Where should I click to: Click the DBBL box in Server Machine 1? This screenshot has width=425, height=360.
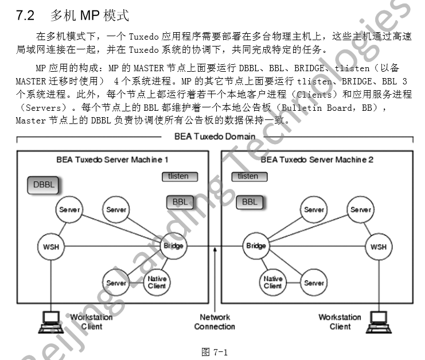coord(44,185)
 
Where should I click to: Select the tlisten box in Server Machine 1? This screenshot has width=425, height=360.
coord(179,176)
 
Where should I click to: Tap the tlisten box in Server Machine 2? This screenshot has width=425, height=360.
coord(248,176)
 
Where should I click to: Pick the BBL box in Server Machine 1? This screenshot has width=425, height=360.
coord(180,202)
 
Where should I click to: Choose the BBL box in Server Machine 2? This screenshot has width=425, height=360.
coord(249,202)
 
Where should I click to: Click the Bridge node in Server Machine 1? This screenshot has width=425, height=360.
coord(173,246)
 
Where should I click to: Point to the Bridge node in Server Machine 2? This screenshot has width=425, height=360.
coord(256,246)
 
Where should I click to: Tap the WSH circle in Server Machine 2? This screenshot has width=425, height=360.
coord(379,247)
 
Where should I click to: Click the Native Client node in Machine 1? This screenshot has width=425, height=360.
coord(157,282)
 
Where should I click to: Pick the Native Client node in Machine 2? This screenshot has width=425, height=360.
coord(273,282)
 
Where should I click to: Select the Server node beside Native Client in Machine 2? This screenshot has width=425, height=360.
coord(314,282)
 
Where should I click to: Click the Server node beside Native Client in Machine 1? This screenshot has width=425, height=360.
coord(116,282)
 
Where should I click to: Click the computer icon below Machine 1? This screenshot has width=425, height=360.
coord(50,322)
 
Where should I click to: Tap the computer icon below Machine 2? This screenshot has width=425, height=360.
coord(379,322)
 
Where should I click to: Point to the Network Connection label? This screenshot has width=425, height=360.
coord(215,322)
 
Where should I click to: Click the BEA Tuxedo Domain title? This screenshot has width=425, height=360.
coord(215,136)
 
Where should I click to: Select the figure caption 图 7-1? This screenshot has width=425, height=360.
coord(215,352)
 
